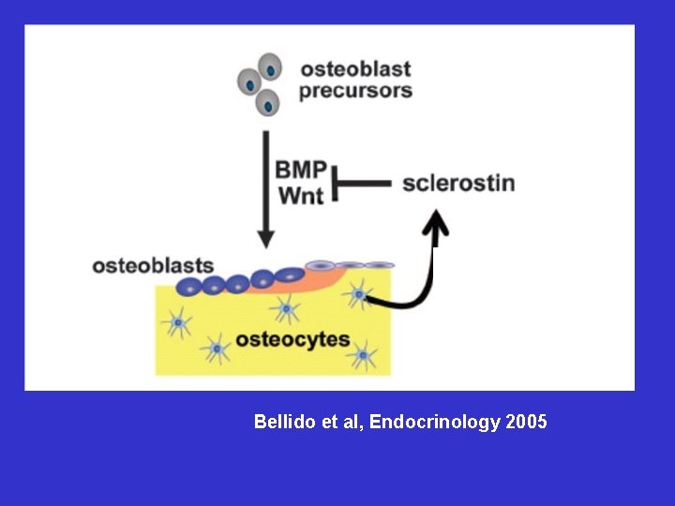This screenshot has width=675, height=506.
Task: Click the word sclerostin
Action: click(x=458, y=182)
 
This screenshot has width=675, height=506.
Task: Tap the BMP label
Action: click(x=301, y=171)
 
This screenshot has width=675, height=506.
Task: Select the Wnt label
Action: click(x=300, y=196)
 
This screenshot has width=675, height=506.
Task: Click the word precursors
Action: click(x=355, y=92)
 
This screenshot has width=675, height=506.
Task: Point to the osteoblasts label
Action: click(x=153, y=266)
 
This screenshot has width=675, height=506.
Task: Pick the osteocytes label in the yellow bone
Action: click(x=292, y=339)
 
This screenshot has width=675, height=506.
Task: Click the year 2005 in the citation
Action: click(x=526, y=423)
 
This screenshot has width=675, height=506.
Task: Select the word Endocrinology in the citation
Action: click(x=435, y=423)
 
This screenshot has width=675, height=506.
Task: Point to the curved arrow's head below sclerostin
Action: click(x=436, y=222)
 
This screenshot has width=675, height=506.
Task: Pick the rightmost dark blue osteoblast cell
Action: click(x=290, y=275)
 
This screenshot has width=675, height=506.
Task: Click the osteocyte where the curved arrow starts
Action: click(x=358, y=294)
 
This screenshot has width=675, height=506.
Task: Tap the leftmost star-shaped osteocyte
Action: click(x=176, y=324)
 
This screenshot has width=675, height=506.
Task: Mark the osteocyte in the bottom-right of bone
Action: click(x=361, y=355)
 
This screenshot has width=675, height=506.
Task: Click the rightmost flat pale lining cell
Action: click(x=379, y=265)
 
